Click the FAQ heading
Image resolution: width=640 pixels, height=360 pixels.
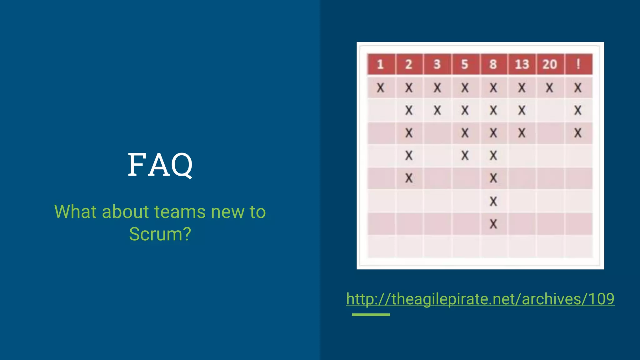coord(160,165)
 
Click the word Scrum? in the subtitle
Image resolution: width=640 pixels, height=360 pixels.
coord(160,234)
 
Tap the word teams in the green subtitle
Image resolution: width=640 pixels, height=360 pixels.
coord(180,212)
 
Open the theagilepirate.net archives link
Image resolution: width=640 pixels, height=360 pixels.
coord(480,299)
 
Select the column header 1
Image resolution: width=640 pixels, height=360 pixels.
coord(380,64)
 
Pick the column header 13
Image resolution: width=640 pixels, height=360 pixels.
coord(522,64)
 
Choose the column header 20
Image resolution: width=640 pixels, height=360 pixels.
coord(550,64)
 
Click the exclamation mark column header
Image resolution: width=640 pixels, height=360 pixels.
coord(578,64)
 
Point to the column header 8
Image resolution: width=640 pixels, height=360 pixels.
coord(493,64)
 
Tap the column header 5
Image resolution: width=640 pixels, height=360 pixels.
coord(465,64)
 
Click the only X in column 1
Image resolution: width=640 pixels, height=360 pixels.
coord(380,88)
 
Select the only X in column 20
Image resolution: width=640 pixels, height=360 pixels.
coord(550,88)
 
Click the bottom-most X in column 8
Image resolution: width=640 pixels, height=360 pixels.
coord(493,224)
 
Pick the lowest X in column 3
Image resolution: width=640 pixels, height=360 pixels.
coord(437,110)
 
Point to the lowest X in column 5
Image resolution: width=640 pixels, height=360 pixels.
coord(465,156)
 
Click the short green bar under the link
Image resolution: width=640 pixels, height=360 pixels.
coord(371,315)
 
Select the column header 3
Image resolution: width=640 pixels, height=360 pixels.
coord(437,64)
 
